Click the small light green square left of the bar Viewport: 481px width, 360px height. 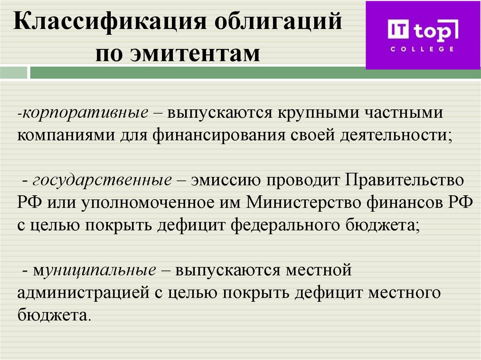[14, 73]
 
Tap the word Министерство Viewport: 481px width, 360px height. [307, 203]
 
